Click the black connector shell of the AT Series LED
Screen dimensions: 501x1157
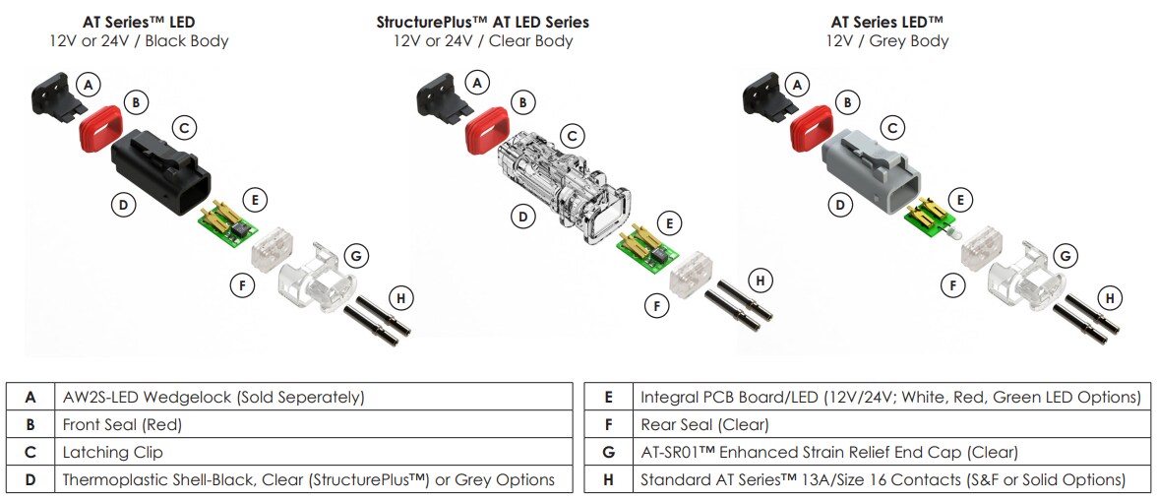pyautogui.click(x=161, y=172)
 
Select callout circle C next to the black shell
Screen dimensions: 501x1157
pyautogui.click(x=183, y=127)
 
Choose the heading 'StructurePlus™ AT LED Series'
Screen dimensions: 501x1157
pyautogui.click(x=483, y=22)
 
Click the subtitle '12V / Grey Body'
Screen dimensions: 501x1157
pyautogui.click(x=887, y=41)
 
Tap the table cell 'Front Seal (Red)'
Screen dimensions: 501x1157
pyautogui.click(x=122, y=425)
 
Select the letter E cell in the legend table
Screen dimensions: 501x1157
pyautogui.click(x=609, y=398)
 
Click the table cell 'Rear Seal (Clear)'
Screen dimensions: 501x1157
pyautogui.click(x=704, y=425)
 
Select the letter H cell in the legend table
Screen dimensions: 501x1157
pyautogui.click(x=609, y=480)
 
